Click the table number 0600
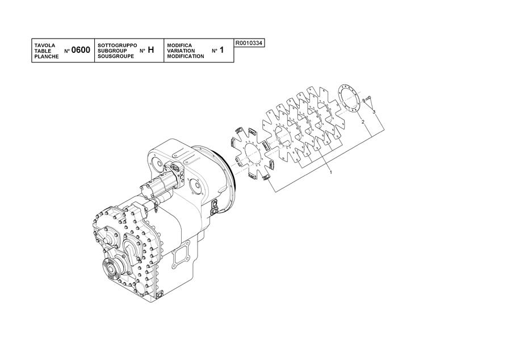[x=81, y=50]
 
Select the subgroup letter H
[x=150, y=50]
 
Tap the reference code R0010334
[x=249, y=43]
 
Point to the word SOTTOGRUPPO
[x=118, y=45]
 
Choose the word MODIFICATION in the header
[x=186, y=56]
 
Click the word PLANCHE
[x=47, y=56]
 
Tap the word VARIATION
[x=181, y=51]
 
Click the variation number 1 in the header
[x=221, y=50]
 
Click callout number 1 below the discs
[x=331, y=171]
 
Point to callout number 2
[x=363, y=122]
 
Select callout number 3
[x=374, y=112]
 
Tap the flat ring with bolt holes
[x=348, y=98]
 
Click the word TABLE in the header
[x=43, y=51]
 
